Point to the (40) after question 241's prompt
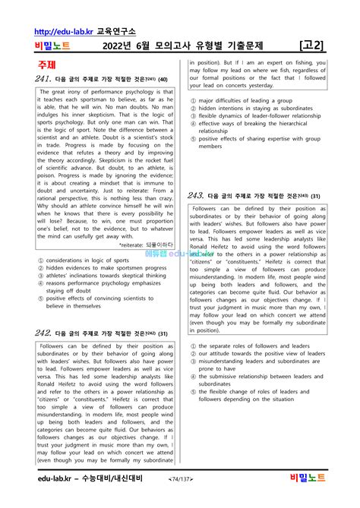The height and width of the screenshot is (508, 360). point(162,79)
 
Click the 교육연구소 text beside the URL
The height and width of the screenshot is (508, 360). point(115,32)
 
